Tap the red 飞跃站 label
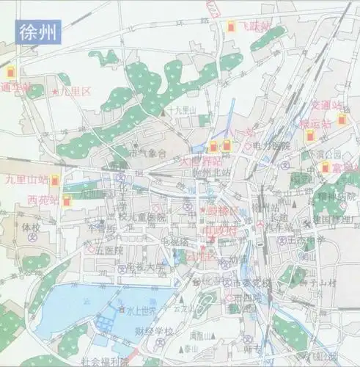click(257, 27)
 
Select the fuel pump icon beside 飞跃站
click(231, 27)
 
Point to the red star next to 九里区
click(56, 92)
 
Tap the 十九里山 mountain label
click(180, 110)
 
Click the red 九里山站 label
click(28, 178)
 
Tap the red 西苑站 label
click(43, 199)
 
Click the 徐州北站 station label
click(211, 172)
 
